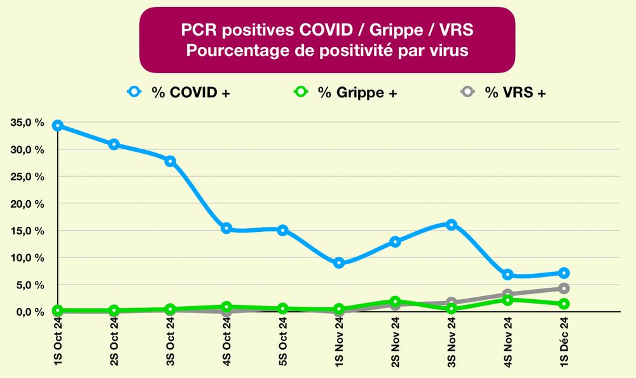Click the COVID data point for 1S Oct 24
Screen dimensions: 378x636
58,125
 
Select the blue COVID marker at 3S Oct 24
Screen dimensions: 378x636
170,161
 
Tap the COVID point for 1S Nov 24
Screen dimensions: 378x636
339,263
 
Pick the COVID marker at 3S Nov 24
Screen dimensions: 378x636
452,224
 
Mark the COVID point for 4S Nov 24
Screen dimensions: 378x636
508,274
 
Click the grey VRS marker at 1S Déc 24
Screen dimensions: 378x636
563,288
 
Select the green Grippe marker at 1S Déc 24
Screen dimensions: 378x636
563,304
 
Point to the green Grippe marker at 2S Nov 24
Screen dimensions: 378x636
395,301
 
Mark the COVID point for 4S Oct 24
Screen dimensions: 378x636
226,228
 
